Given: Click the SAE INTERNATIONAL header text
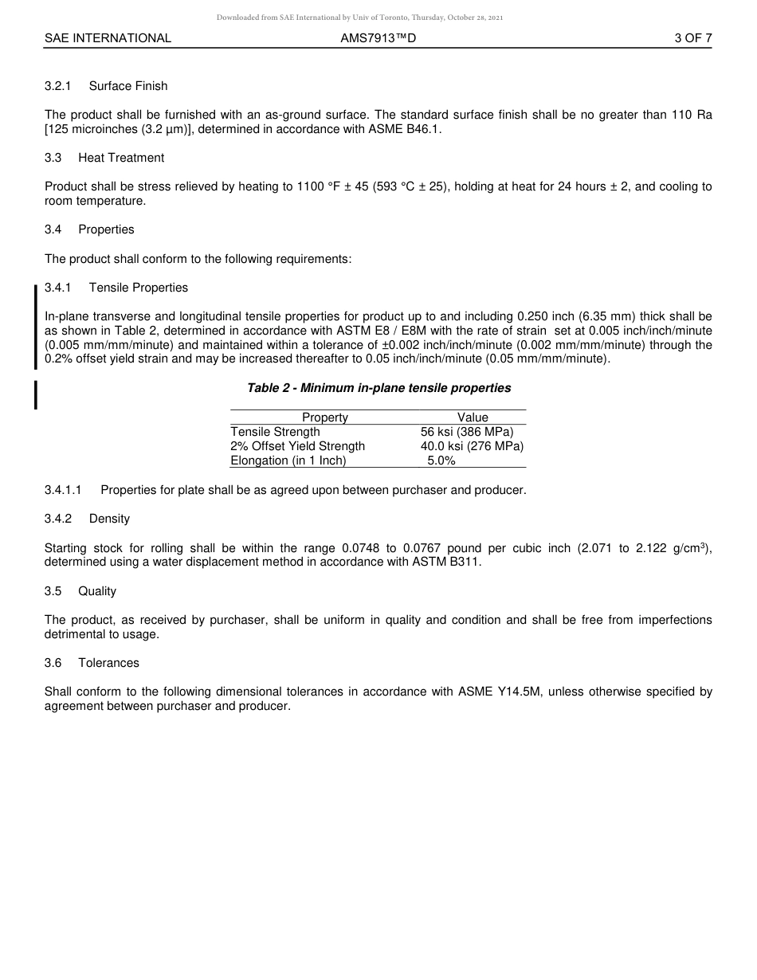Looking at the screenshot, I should pyautogui.click(x=108, y=38).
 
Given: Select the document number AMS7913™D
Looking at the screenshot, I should pyautogui.click(x=378, y=38).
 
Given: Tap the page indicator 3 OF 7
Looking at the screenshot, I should pyautogui.click(x=692, y=38).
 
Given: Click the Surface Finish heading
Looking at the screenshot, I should pyautogui.click(x=128, y=86).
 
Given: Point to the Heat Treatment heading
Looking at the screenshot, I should pyautogui.click(x=121, y=158).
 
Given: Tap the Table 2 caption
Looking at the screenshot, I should pyautogui.click(x=378, y=388).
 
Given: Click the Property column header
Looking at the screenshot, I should pyautogui.click(x=325, y=417).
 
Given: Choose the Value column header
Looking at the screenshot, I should pyautogui.click(x=473, y=417).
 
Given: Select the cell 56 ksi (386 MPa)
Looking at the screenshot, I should pyautogui.click(x=467, y=432).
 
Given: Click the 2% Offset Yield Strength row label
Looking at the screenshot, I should pyautogui.click(x=297, y=446).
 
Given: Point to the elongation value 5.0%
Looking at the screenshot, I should pyautogui.click(x=441, y=461).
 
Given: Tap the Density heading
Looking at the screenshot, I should pyautogui.click(x=109, y=519).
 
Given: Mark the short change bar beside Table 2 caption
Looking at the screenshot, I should pyautogui.click(x=36, y=394).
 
